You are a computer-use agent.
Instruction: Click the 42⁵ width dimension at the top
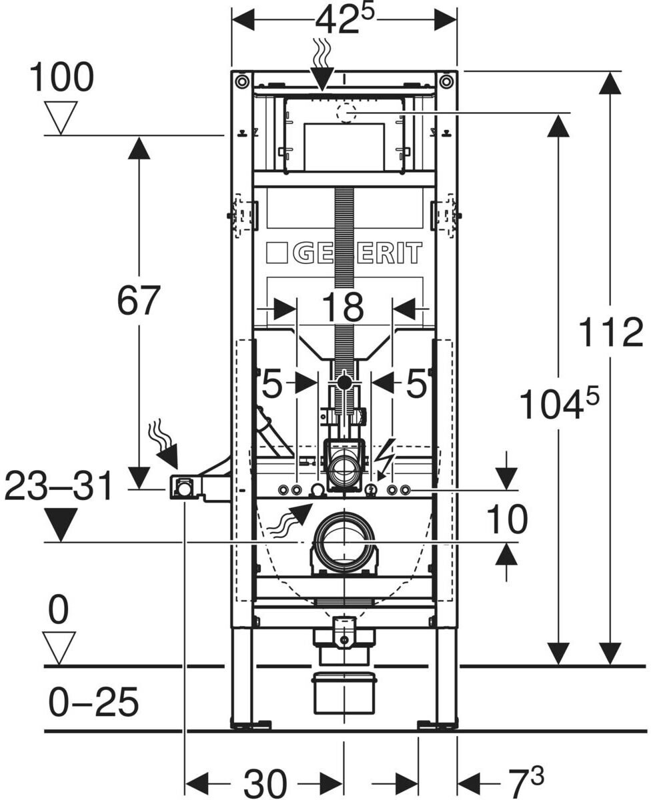pyautogui.click(x=344, y=20)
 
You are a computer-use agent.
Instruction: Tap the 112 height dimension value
pyautogui.click(x=611, y=333)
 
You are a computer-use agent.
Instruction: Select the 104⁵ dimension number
pyautogui.click(x=558, y=403)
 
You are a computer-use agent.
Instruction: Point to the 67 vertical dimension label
pyautogui.click(x=139, y=301)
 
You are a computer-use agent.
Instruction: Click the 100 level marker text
pyautogui.click(x=61, y=77)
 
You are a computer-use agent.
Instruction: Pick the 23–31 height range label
pyautogui.click(x=59, y=487)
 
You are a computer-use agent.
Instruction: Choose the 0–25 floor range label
pyautogui.click(x=93, y=701)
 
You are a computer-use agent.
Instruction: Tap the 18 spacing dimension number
pyautogui.click(x=343, y=307)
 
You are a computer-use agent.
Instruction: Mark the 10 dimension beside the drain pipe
pyautogui.click(x=507, y=519)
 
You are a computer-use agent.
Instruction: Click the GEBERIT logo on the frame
pyautogui.click(x=344, y=253)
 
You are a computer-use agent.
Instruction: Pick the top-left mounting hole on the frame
pyautogui.click(x=242, y=81)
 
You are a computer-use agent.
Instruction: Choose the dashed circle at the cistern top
pyautogui.click(x=347, y=112)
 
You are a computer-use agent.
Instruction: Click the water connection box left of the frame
pyautogui.click(x=183, y=487)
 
